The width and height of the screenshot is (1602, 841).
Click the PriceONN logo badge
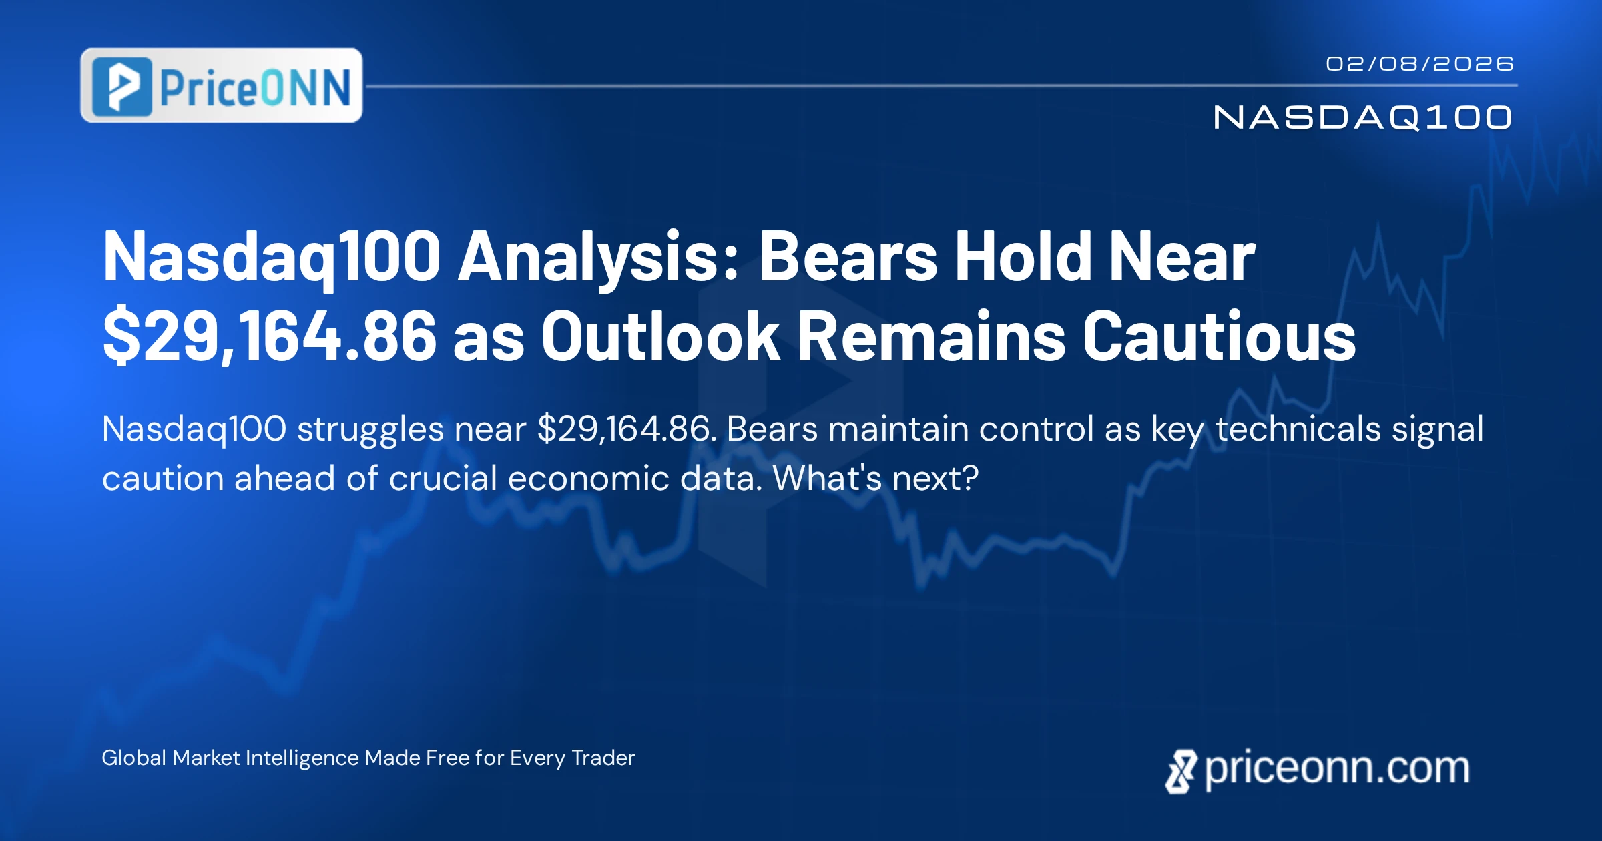(x=222, y=85)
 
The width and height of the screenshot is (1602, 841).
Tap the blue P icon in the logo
(x=122, y=87)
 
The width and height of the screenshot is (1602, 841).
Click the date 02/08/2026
(x=1419, y=64)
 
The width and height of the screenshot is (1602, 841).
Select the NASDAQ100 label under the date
(x=1362, y=118)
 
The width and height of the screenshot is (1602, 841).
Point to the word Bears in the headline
(x=848, y=256)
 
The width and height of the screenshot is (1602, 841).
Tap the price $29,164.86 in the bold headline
(x=270, y=336)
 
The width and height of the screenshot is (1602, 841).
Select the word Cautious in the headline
(x=1219, y=336)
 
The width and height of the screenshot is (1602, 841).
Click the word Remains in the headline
(x=931, y=336)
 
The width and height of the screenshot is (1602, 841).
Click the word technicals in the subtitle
(x=1298, y=429)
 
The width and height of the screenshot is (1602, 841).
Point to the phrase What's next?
(x=876, y=479)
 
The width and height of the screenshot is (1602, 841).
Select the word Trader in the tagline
(x=603, y=758)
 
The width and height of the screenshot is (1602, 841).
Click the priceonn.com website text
(x=1337, y=770)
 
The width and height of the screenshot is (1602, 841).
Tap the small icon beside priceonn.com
(x=1181, y=772)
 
